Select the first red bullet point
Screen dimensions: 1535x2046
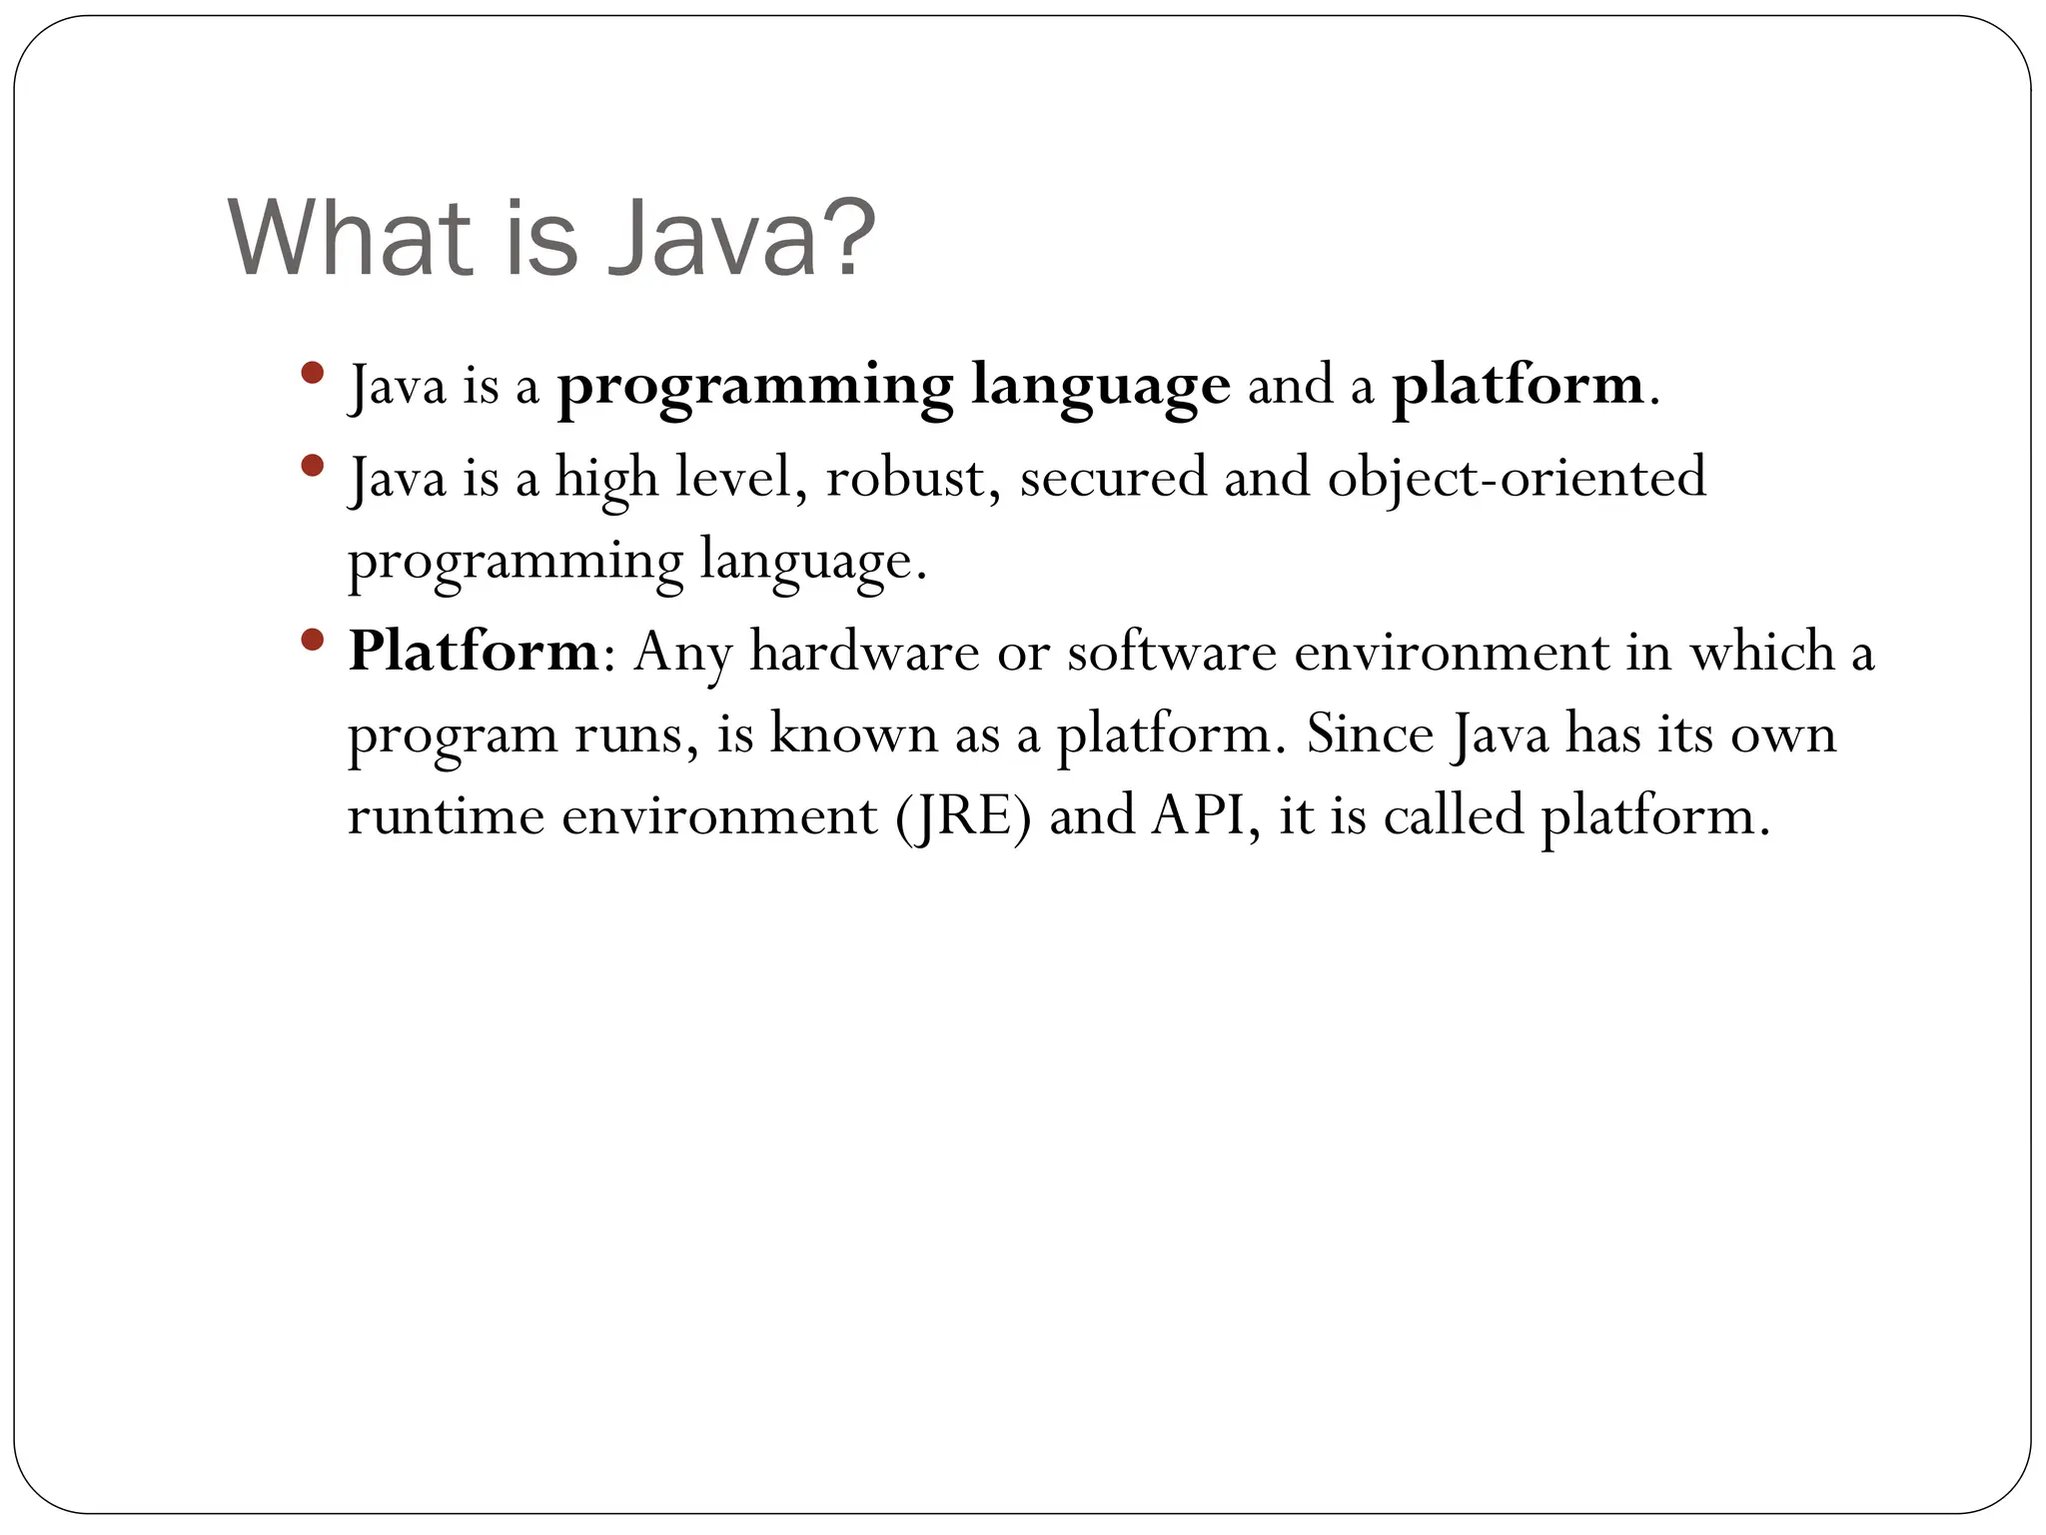312,374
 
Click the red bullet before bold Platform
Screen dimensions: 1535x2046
312,639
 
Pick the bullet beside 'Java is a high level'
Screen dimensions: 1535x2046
312,465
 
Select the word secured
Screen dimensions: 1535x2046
1113,478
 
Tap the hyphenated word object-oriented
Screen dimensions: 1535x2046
1517,478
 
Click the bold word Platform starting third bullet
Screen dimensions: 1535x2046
474,652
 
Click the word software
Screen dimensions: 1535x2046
1172,652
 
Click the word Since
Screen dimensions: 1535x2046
1370,735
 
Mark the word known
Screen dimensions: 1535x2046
854,735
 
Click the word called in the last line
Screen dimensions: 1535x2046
1454,815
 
